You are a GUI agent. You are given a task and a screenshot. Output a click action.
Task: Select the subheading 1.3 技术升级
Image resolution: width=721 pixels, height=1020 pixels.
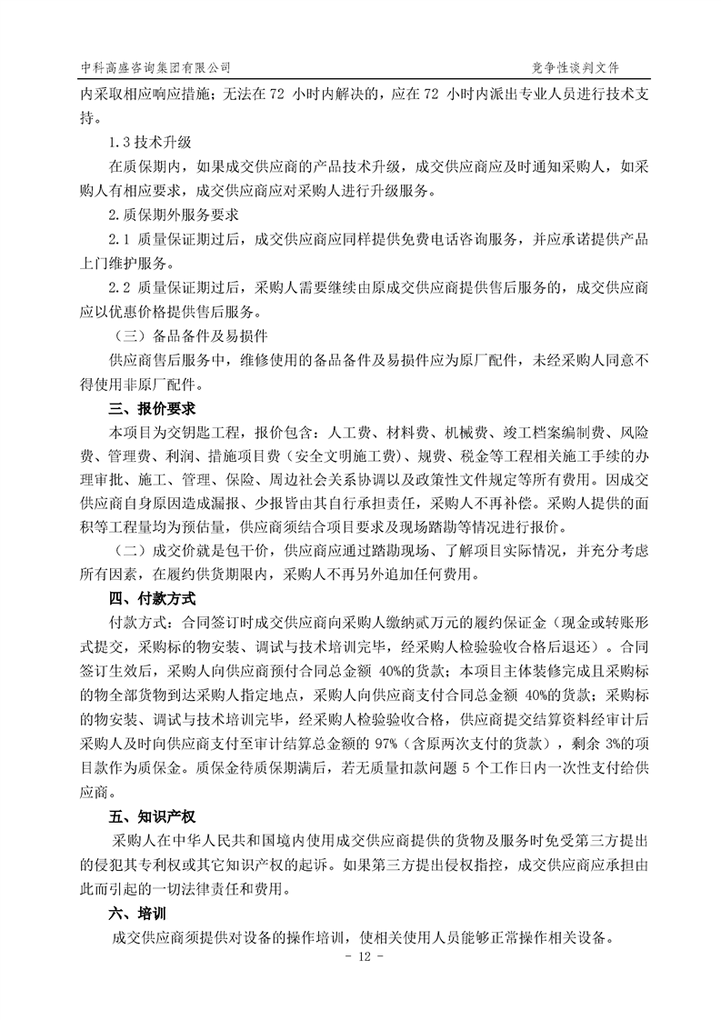click(149, 144)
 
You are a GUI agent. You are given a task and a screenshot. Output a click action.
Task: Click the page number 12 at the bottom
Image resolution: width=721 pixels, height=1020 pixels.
click(361, 958)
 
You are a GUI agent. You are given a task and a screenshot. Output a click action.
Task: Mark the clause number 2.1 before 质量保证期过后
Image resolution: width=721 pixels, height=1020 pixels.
click(120, 240)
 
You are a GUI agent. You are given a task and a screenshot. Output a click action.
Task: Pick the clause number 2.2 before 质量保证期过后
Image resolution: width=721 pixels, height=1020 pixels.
click(120, 288)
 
